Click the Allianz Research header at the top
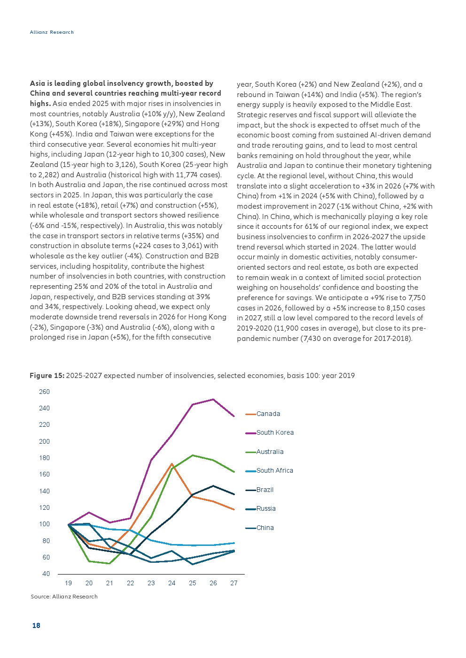[52, 32]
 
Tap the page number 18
[36, 625]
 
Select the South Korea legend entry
[270, 432]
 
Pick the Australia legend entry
[264, 452]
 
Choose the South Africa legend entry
[269, 470]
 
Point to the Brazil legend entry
[259, 489]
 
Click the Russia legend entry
[260, 508]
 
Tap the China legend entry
[259, 528]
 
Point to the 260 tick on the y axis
[45, 392]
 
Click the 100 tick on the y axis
[45, 524]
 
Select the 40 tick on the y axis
[46, 574]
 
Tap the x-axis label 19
[68, 583]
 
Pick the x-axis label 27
[233, 583]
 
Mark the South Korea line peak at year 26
[213, 400]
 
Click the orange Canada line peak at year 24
[171, 464]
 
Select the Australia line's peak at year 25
[193, 455]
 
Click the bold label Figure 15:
[47, 375]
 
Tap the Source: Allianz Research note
[64, 596]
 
